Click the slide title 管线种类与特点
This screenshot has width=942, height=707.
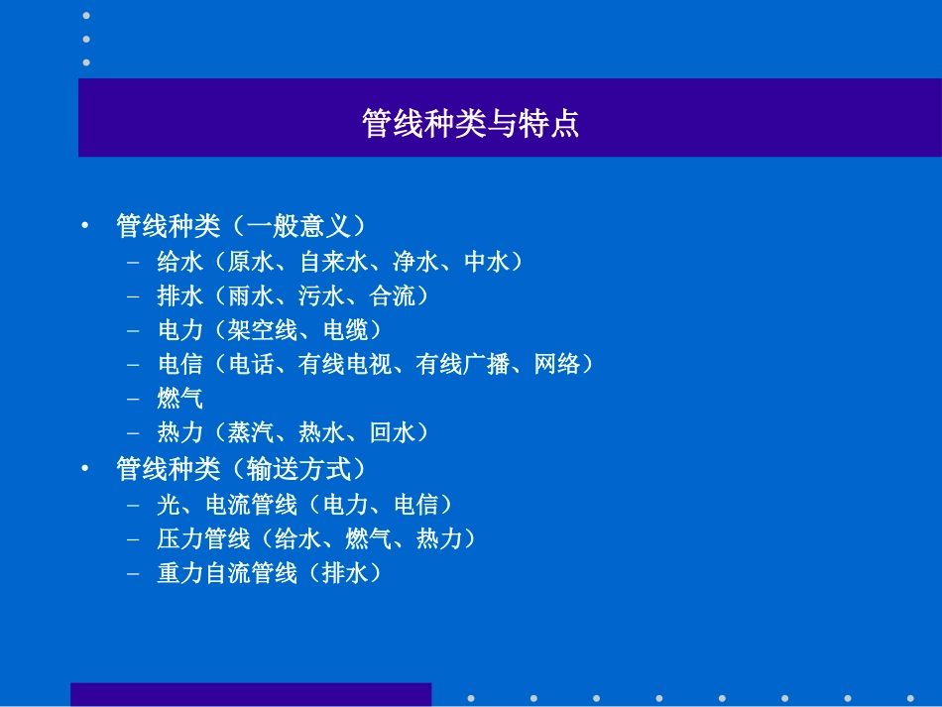coord(470,124)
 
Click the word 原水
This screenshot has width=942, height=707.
coord(251,262)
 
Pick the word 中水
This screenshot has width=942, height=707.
coord(487,262)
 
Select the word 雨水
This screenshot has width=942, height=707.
coord(251,295)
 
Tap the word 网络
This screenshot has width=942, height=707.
coord(557,365)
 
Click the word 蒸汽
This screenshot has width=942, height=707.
coord(251,432)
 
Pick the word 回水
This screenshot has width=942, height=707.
coord(393,432)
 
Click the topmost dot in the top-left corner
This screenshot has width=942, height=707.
coord(86,16)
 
